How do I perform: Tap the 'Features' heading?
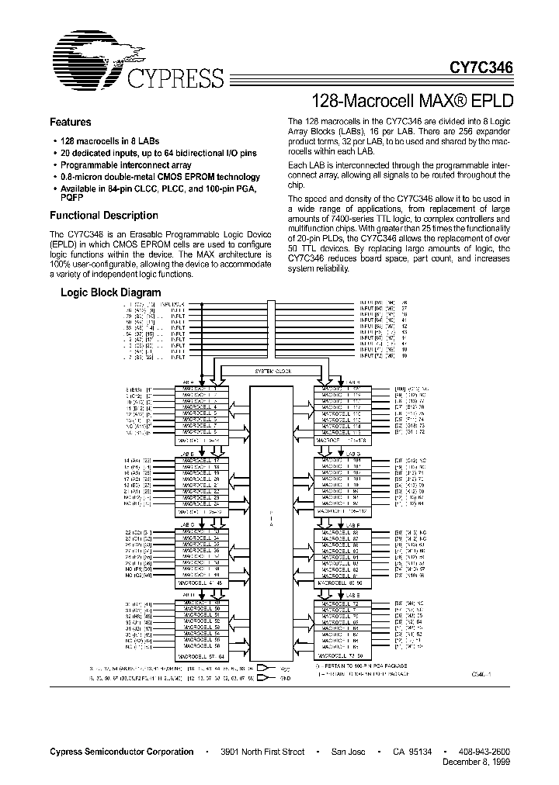(71, 123)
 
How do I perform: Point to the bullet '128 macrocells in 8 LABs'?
(107, 140)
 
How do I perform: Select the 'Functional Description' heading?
(104, 216)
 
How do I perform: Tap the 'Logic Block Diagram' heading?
(111, 292)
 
